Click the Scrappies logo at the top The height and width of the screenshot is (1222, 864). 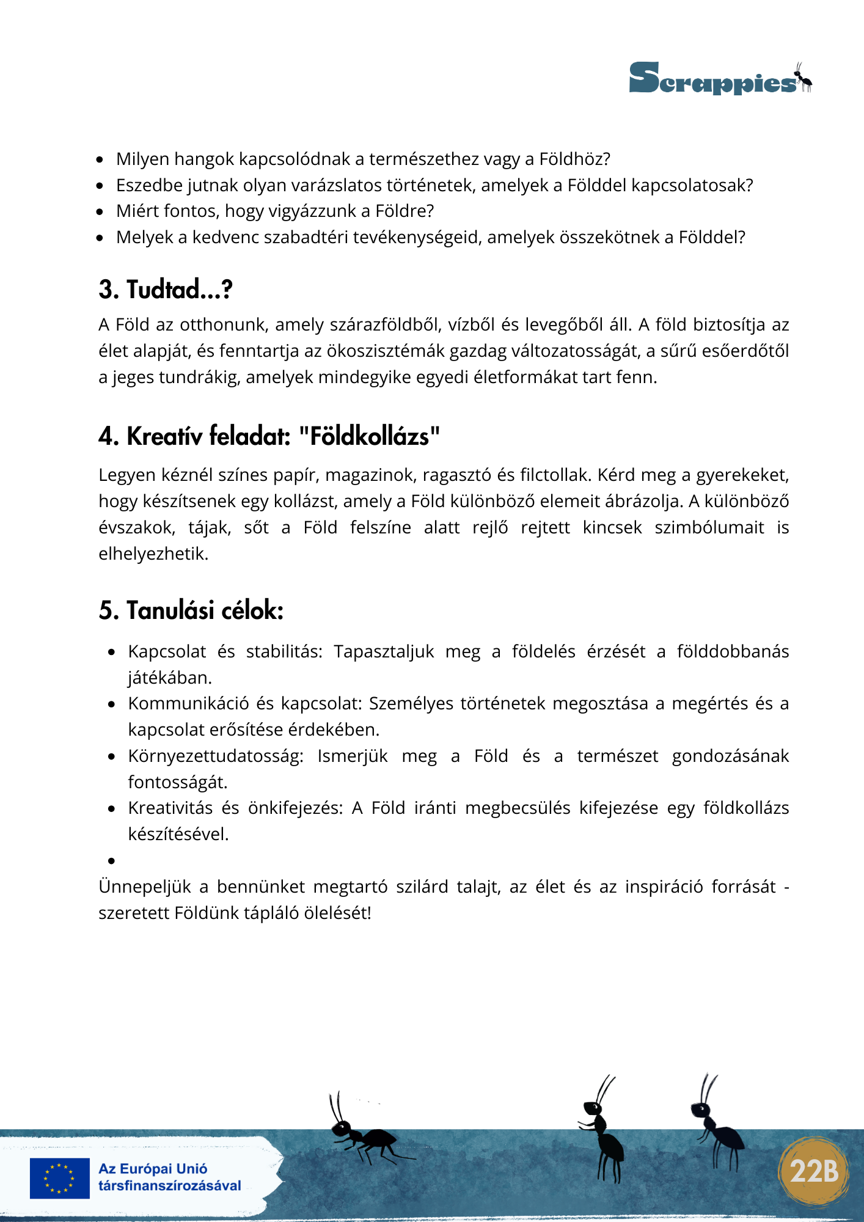point(720,79)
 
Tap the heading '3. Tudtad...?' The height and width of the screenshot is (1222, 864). point(166,289)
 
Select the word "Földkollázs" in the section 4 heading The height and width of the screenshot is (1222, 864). point(369,437)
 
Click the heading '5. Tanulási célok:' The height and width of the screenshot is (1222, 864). point(191,610)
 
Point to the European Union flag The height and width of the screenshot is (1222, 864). point(59,1178)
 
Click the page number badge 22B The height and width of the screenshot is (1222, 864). point(814,1171)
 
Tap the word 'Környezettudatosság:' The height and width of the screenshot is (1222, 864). point(215,756)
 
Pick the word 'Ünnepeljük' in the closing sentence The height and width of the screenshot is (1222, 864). point(145,887)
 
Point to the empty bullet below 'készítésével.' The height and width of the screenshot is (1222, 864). point(112,861)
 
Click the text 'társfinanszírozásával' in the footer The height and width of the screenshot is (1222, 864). point(169,1186)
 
